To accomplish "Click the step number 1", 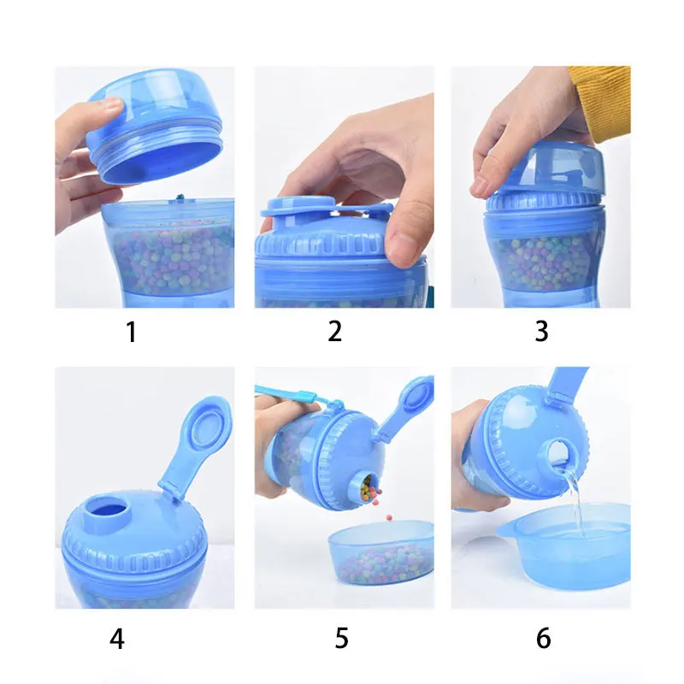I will [131, 332].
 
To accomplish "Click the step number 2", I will [335, 332].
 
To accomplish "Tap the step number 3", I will [541, 332].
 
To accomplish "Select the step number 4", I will [117, 638].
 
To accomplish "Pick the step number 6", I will [543, 638].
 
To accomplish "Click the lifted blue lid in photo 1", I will [154, 128].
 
